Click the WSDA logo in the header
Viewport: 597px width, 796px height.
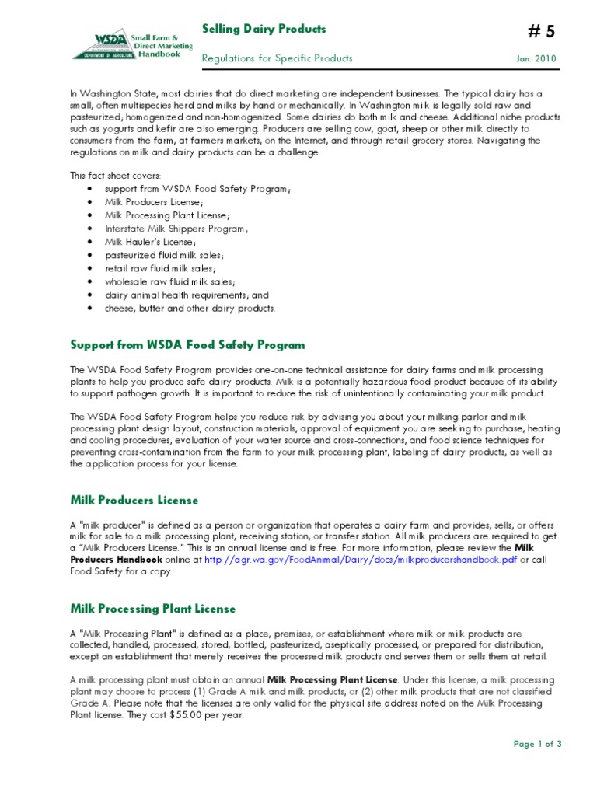[x=125, y=45]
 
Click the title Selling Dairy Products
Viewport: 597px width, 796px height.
[x=264, y=30]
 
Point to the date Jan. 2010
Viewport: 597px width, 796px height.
[x=536, y=59]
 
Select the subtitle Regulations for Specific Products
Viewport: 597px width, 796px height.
[x=277, y=58]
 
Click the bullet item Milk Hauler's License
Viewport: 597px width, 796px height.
[x=145, y=242]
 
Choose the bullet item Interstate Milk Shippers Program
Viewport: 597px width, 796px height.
[x=177, y=229]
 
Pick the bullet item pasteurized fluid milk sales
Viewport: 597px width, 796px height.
[x=165, y=255]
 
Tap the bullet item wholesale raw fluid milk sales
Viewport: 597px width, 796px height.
[x=170, y=281]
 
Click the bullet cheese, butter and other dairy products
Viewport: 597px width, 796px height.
[x=190, y=308]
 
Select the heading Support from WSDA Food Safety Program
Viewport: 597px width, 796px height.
[x=187, y=344]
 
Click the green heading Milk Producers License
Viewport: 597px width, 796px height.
[x=134, y=500]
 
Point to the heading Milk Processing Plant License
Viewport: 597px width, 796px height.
[x=152, y=609]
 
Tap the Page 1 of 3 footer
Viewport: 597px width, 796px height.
[x=537, y=744]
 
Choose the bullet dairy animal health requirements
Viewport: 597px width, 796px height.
[x=187, y=295]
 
